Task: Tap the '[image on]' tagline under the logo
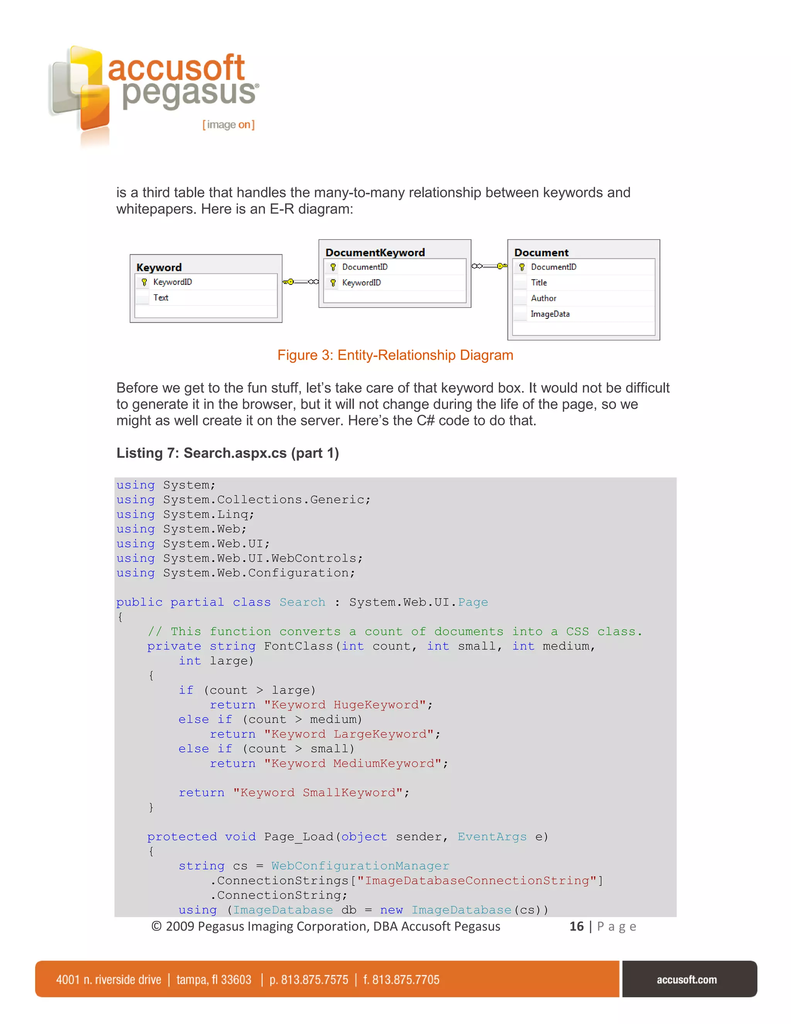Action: (228, 125)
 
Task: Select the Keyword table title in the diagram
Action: (159, 267)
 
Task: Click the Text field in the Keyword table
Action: (161, 298)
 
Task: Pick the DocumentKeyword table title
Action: (375, 252)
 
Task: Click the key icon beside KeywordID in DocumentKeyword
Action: (333, 283)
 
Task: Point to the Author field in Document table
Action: (543, 298)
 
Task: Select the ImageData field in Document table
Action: (550, 314)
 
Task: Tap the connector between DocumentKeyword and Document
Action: (489, 266)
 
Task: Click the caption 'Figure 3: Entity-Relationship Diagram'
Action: (395, 356)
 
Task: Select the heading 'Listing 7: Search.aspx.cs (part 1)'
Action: (228, 453)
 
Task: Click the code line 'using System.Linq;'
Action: (185, 514)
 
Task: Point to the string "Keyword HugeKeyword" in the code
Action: (346, 705)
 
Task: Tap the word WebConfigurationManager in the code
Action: (360, 866)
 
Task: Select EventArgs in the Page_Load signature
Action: (492, 837)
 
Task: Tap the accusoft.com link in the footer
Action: (686, 980)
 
